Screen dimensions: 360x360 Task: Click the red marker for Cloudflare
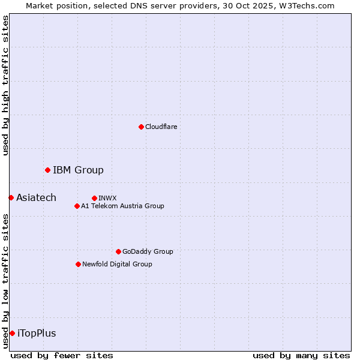pos(141,127)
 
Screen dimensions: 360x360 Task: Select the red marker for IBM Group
pos(47,170)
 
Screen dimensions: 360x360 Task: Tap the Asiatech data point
pos(11,197)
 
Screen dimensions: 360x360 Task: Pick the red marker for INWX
pos(94,198)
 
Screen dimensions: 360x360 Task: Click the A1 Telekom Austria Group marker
pos(77,206)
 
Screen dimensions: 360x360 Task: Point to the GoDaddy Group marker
pos(118,251)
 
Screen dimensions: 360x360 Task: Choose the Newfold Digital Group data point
pos(78,264)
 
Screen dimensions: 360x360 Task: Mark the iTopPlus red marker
pos(12,333)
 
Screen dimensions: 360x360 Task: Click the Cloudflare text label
pos(161,127)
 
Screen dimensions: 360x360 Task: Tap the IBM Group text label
pos(78,170)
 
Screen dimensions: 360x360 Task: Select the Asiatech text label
pos(36,198)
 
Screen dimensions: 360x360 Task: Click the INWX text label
pos(107,198)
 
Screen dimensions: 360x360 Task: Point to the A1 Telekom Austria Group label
pos(122,206)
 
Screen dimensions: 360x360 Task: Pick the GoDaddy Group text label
pos(147,251)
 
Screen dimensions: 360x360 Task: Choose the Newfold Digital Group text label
pos(117,264)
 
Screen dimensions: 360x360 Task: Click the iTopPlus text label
pos(37,334)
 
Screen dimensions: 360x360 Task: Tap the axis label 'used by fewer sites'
pos(62,355)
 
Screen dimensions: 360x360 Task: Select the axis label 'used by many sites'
pos(301,355)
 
